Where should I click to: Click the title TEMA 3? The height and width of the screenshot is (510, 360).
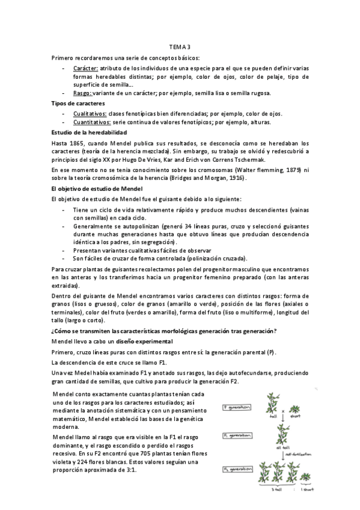(x=180, y=46)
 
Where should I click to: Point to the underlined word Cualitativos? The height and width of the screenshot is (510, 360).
(x=90, y=114)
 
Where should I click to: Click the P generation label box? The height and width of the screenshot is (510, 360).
(x=238, y=407)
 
